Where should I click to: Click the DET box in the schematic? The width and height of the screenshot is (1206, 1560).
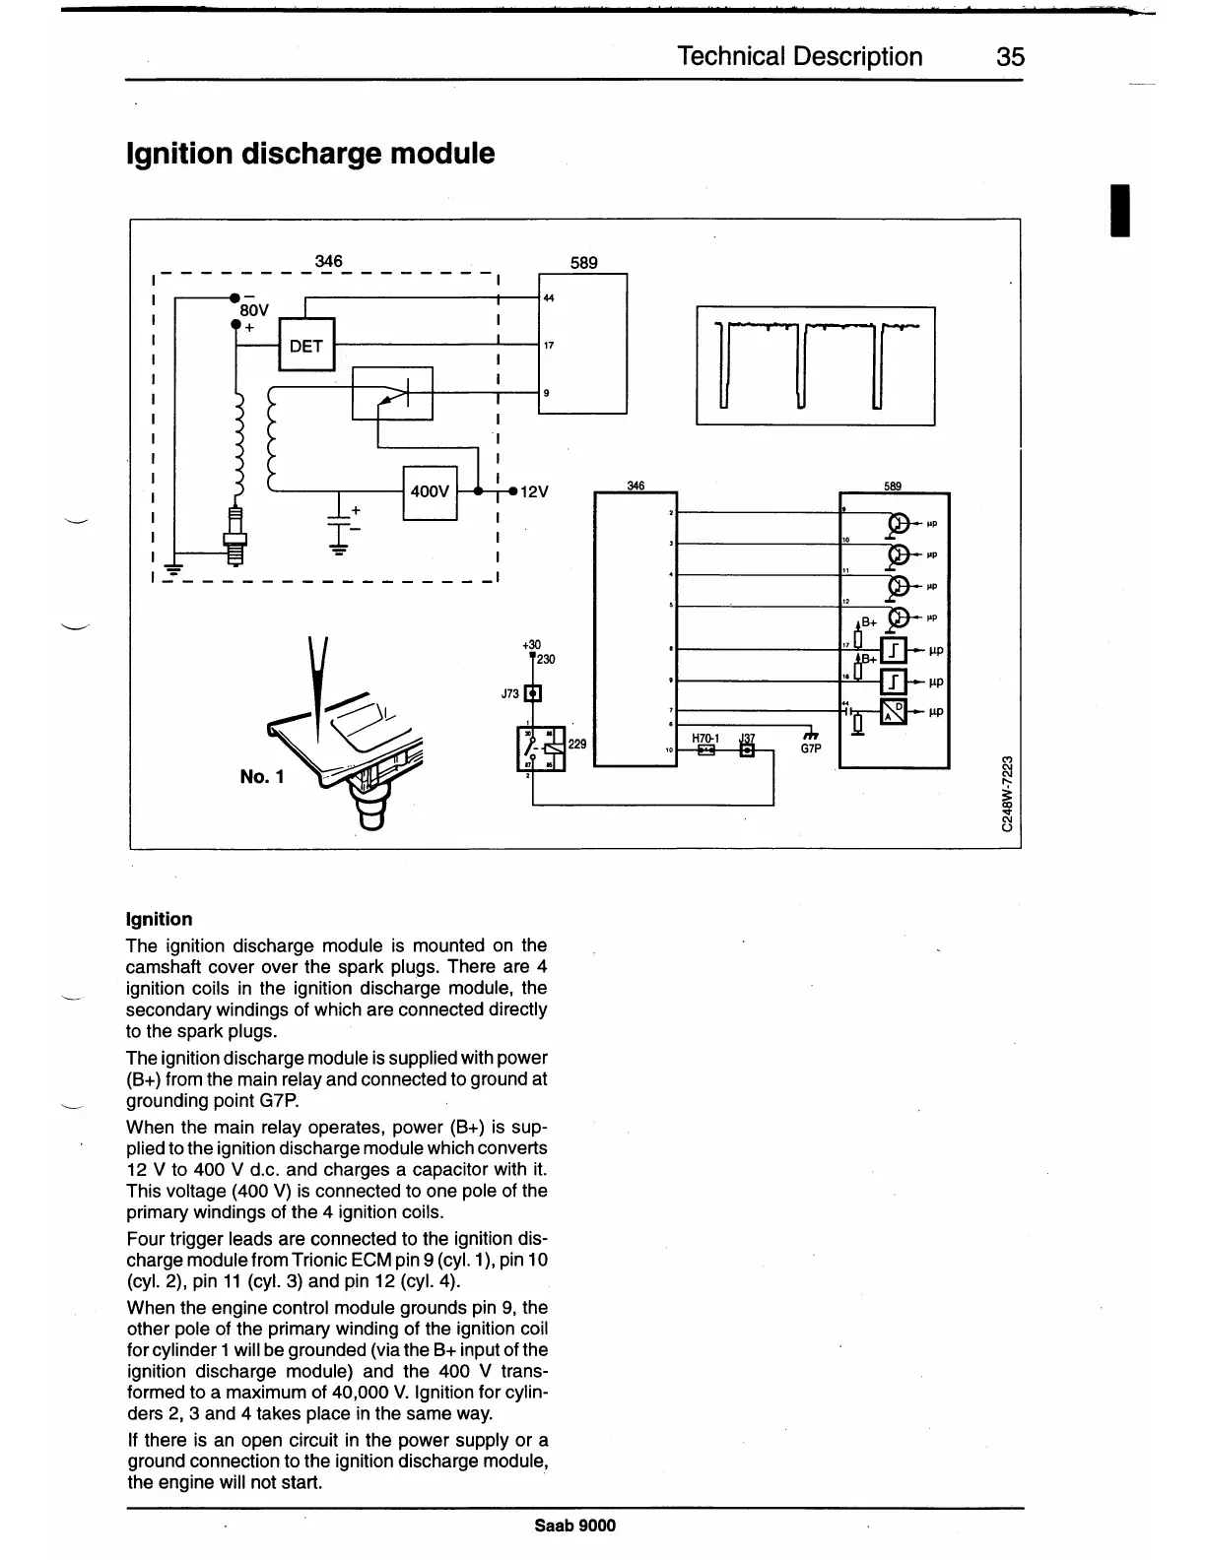[306, 345]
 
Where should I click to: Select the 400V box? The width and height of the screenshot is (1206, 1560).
[430, 491]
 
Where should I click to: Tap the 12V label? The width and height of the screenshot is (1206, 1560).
[533, 491]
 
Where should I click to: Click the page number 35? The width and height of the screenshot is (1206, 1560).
[1010, 57]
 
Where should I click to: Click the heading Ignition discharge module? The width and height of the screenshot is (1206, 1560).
[310, 154]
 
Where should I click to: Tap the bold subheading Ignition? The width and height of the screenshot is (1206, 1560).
[160, 919]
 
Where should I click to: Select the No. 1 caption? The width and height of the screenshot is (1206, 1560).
[262, 777]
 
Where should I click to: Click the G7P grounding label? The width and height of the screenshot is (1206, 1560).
[810, 748]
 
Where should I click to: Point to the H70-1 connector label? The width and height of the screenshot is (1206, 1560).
[705, 738]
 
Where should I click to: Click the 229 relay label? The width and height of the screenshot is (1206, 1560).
[577, 745]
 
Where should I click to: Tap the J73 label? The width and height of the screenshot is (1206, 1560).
[509, 694]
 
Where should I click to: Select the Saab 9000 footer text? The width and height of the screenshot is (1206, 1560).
[575, 1526]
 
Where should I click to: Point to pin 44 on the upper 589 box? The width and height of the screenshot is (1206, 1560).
[548, 297]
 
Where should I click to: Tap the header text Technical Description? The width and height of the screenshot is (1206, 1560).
[800, 57]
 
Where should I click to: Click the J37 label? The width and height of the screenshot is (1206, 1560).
[747, 738]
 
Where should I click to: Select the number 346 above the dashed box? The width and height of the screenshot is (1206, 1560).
[328, 261]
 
